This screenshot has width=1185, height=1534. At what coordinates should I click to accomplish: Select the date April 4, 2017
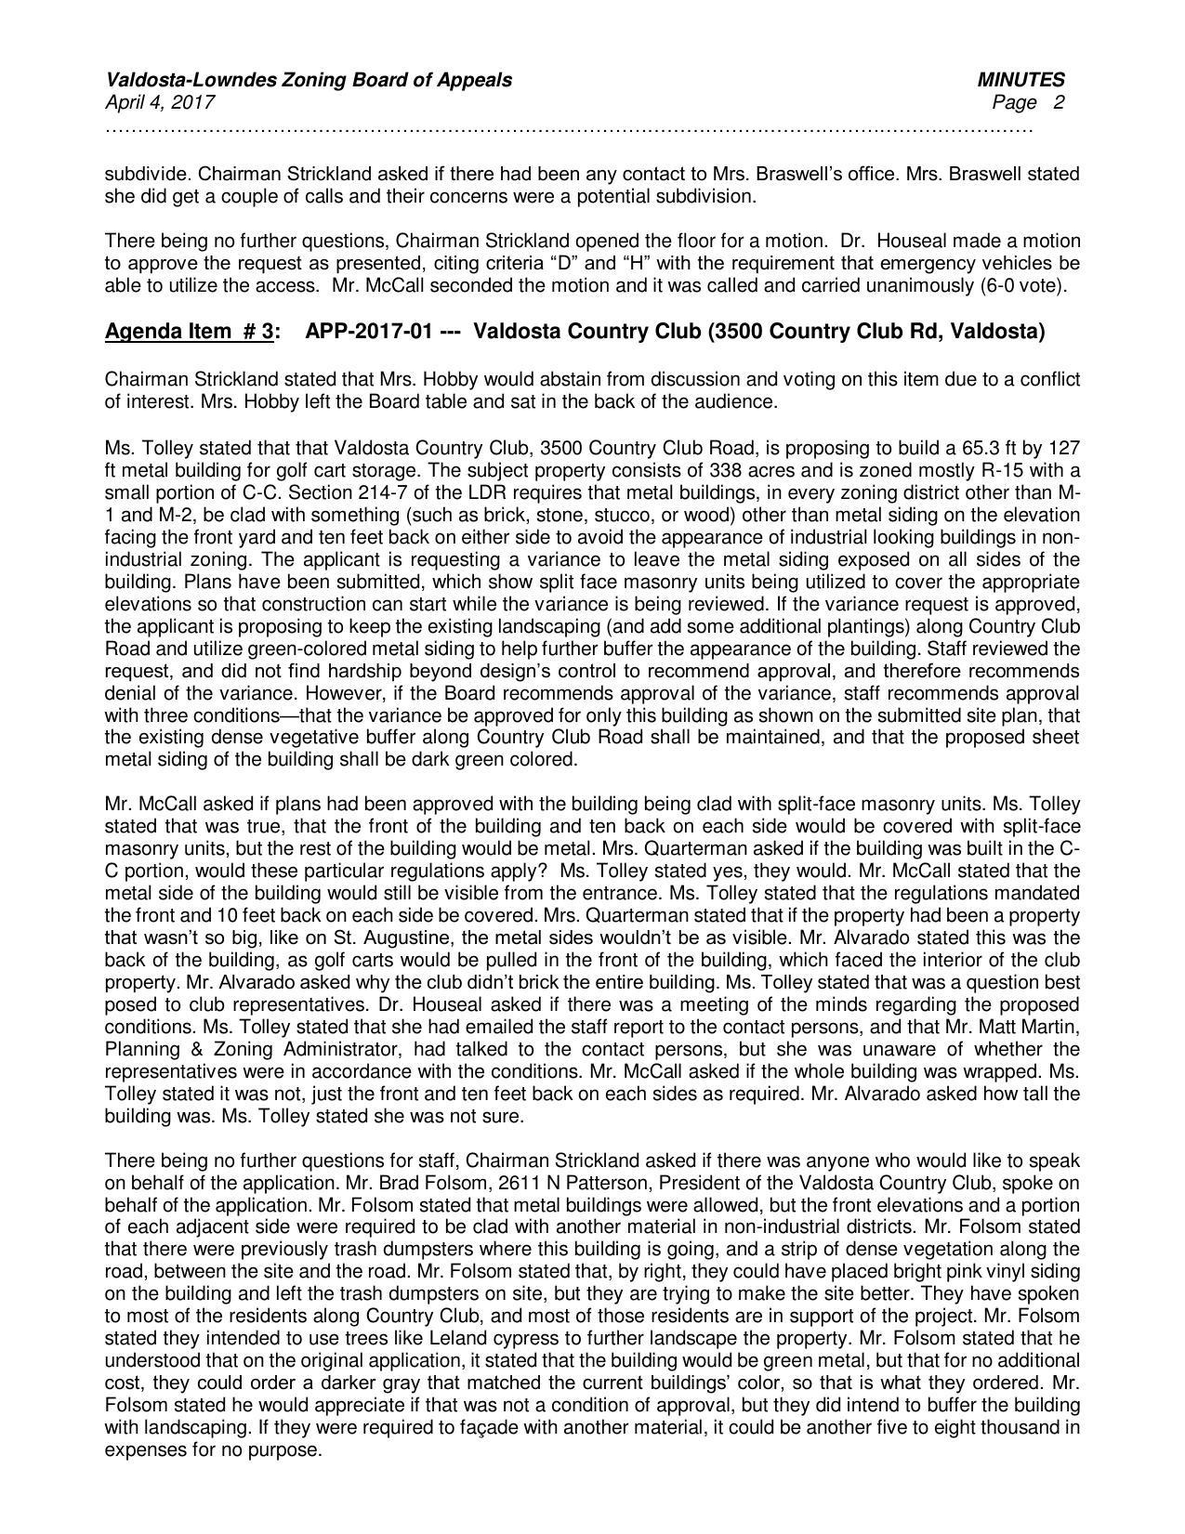tap(160, 102)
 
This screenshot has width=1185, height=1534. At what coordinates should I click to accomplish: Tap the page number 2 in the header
tap(1059, 102)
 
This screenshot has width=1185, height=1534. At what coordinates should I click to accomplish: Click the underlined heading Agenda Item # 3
tap(190, 332)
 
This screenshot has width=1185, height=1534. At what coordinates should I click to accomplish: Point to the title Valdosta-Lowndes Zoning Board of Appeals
tap(308, 80)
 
